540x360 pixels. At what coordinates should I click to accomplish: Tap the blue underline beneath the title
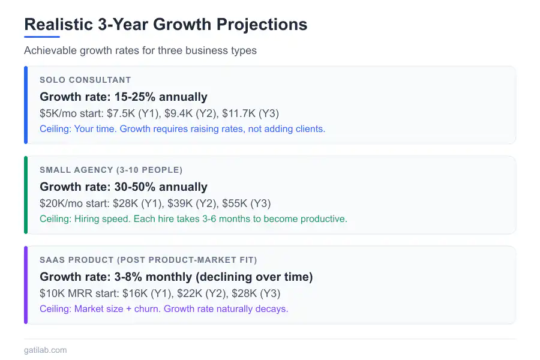[x=42, y=37]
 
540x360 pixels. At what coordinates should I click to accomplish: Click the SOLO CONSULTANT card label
[x=85, y=80]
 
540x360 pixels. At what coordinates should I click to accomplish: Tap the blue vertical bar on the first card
[x=26, y=105]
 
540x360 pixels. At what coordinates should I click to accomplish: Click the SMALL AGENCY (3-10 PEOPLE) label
[x=111, y=170]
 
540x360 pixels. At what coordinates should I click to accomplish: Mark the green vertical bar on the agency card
[x=26, y=195]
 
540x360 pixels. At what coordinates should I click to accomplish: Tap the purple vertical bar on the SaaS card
[x=26, y=285]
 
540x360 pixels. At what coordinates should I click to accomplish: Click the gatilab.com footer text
[x=46, y=350]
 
